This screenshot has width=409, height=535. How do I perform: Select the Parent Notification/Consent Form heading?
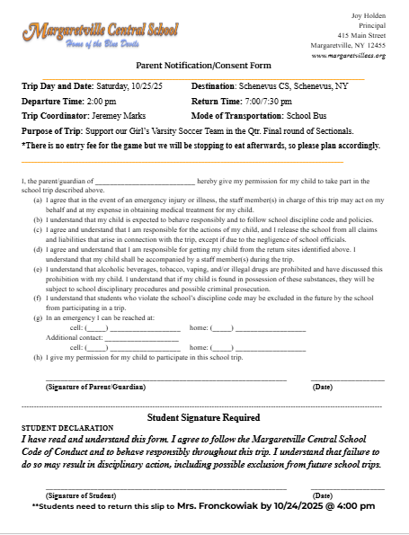(202, 66)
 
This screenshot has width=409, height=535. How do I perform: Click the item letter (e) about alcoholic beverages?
(37, 268)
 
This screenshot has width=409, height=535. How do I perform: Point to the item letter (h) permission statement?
(37, 357)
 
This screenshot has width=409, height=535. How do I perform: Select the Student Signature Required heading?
(203, 417)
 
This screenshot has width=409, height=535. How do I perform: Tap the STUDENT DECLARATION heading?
(67, 427)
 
